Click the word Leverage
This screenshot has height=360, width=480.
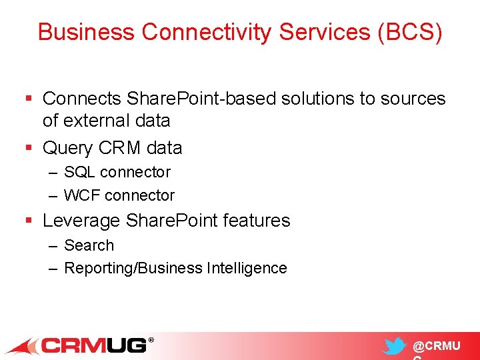[x=82, y=221]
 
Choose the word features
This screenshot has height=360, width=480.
[x=259, y=221]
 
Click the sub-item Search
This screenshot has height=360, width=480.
[x=89, y=245]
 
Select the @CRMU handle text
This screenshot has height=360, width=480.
[x=436, y=346]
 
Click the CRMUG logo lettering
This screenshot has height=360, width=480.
[x=93, y=345]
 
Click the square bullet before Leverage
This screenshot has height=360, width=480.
[x=27, y=221]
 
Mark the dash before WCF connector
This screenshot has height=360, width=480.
[x=53, y=195]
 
